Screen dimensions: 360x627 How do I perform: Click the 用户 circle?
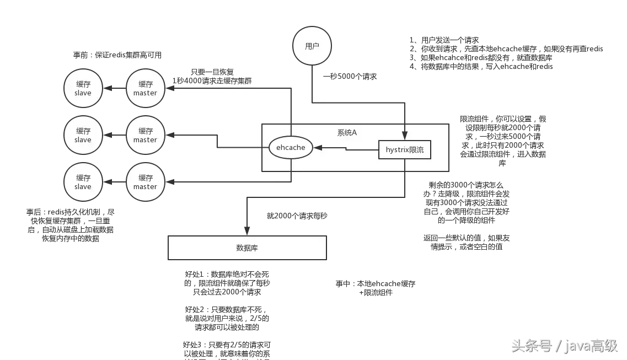click(312, 46)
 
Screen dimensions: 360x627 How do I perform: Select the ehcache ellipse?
click(291, 148)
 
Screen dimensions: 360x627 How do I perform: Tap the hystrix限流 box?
click(405, 150)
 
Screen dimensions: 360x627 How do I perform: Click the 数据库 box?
click(247, 248)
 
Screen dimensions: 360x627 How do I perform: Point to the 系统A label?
click(347, 133)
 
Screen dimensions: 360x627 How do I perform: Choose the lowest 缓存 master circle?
click(146, 182)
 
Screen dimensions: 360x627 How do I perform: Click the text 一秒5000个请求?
click(350, 77)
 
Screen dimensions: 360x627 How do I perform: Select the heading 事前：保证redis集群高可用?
click(117, 55)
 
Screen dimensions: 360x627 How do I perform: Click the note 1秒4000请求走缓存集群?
click(212, 80)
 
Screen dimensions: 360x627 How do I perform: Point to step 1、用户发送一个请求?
click(444, 40)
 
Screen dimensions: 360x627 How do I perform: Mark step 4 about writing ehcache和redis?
click(481, 67)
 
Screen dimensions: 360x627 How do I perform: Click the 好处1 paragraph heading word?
click(195, 274)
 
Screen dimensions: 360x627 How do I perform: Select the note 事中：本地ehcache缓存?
click(376, 283)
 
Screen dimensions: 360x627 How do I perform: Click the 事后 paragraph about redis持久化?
click(70, 225)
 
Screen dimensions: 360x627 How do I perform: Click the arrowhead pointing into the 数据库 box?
click(247, 232)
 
